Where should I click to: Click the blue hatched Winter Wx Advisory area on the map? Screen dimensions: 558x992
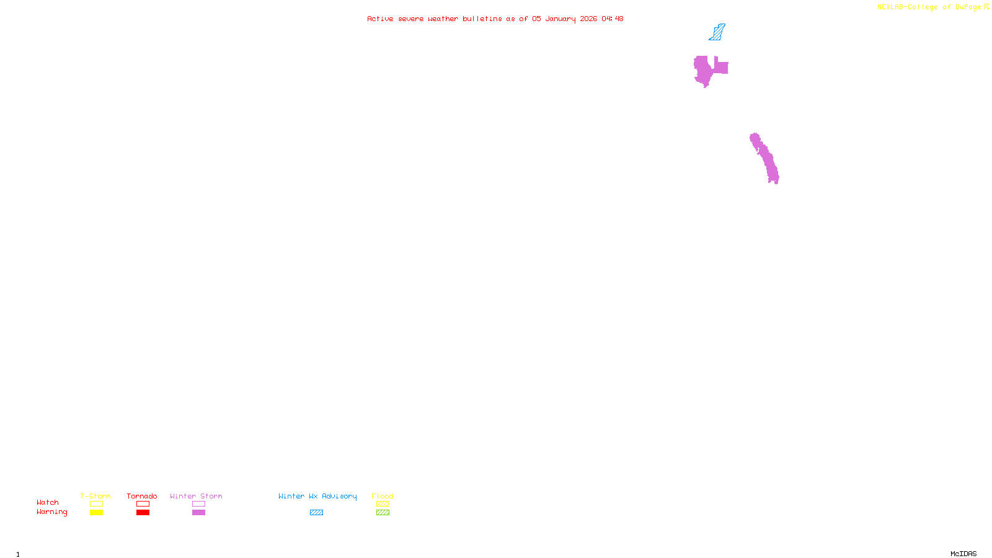(717, 33)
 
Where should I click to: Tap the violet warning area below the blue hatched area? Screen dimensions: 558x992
(705, 69)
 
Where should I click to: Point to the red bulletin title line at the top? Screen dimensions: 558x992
(495, 19)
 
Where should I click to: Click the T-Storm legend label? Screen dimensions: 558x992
(95, 496)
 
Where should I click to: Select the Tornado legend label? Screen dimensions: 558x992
(142, 496)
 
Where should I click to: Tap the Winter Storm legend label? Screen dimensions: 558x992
(196, 496)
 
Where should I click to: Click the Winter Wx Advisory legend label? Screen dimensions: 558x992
(317, 496)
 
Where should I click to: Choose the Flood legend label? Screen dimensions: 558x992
(383, 496)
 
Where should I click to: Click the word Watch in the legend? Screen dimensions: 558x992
(48, 503)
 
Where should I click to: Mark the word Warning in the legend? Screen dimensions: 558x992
(51, 512)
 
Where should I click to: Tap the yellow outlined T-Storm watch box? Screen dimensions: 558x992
(96, 504)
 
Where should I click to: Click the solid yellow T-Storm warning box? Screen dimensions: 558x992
(96, 513)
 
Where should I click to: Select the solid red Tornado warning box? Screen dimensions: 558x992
(143, 513)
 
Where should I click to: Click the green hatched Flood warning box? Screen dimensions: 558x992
(383, 513)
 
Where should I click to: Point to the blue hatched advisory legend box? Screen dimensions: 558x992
(316, 513)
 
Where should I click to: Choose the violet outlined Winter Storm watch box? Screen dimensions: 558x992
(198, 504)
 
